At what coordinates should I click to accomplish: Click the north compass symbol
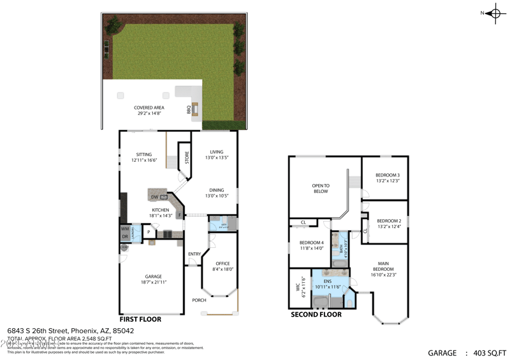495,13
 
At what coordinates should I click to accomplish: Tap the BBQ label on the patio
189,110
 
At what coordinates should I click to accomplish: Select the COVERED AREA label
149,108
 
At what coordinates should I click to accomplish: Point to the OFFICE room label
222,263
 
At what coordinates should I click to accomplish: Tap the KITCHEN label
160,210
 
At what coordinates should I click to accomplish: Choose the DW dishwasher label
154,197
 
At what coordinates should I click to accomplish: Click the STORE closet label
187,157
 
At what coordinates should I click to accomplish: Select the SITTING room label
143,154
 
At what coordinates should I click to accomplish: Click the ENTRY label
194,255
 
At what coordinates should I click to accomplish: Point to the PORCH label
199,299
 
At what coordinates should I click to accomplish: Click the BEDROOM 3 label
388,175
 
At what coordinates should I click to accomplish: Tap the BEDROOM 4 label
312,242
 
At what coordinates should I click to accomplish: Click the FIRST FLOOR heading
140,319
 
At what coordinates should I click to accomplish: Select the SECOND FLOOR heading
316,314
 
